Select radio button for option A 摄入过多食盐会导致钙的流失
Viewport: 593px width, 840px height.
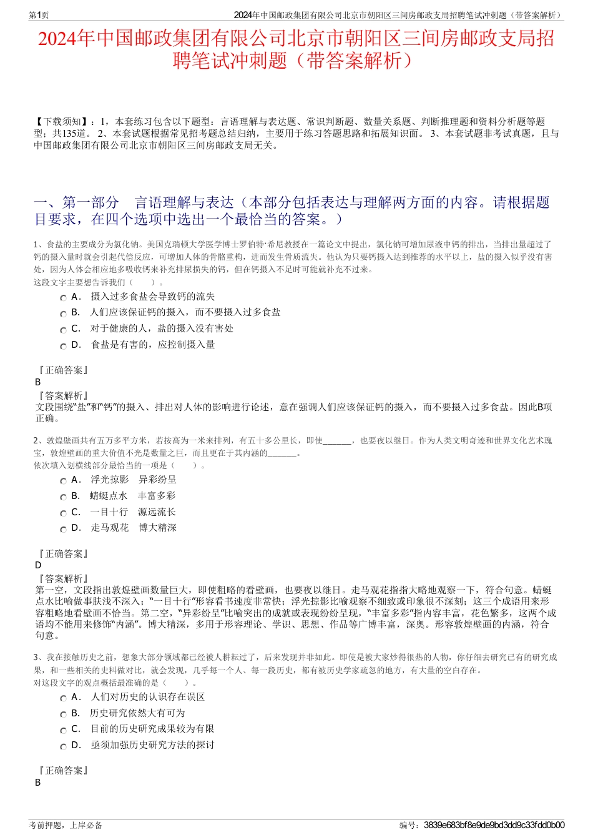(63, 298)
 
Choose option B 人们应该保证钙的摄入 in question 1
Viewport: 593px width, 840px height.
(63, 314)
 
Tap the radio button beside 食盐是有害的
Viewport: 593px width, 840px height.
(63, 346)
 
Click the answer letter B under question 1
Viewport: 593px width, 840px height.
(38, 382)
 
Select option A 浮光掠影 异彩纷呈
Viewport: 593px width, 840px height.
(63, 481)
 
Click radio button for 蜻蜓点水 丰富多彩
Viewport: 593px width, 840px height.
(63, 497)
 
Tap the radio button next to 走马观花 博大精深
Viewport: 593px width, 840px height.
(63, 529)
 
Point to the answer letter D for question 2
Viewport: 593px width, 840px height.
(38, 565)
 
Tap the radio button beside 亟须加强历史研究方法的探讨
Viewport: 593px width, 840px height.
(63, 746)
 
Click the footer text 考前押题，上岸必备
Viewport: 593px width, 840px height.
(66, 825)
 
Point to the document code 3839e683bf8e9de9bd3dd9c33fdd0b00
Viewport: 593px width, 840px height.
(494, 825)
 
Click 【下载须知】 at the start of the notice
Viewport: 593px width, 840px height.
(58, 122)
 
